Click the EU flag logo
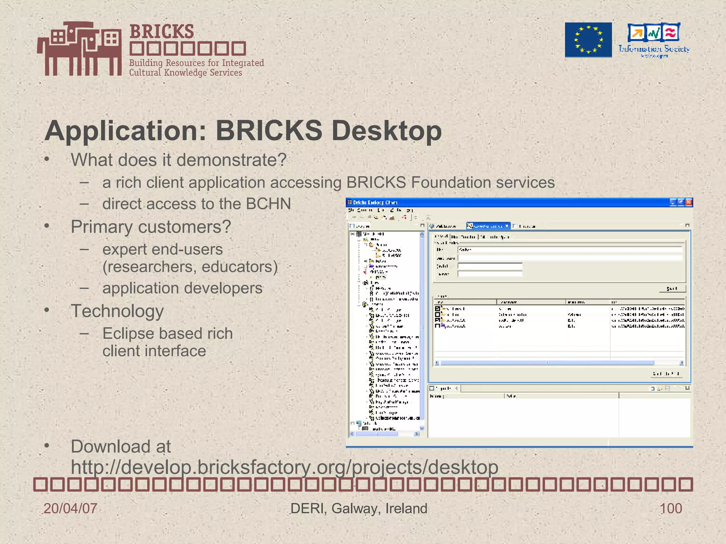click(x=588, y=40)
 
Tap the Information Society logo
click(x=654, y=40)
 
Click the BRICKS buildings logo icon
click(x=80, y=49)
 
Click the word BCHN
click(x=268, y=204)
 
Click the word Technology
click(x=117, y=311)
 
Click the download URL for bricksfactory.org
click(x=284, y=467)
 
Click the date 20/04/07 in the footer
click(x=70, y=509)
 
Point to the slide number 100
click(x=670, y=509)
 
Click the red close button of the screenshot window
click(x=689, y=202)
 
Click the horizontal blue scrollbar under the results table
click(x=546, y=363)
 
